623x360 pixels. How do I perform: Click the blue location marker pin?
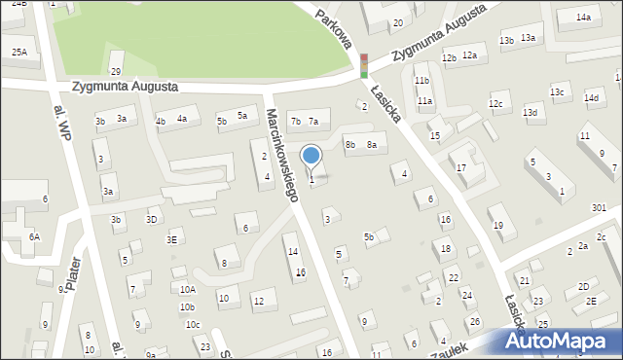tap(311, 156)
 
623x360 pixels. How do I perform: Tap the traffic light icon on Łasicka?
tap(363, 65)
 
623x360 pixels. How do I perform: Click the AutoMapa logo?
tap(560, 342)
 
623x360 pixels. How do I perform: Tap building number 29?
tap(115, 72)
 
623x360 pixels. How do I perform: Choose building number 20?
tap(397, 22)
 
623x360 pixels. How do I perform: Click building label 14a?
tap(583, 18)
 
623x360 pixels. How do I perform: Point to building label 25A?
tap(19, 52)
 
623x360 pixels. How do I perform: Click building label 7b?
tap(296, 121)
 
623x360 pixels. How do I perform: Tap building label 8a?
tap(371, 145)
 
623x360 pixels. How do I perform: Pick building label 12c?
tap(495, 103)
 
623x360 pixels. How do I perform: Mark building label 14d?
tap(591, 97)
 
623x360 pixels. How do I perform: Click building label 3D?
tap(151, 219)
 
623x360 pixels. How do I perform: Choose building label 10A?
tap(187, 289)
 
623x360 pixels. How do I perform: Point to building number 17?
tap(461, 168)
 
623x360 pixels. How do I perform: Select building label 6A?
tap(34, 236)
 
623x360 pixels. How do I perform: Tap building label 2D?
tap(583, 286)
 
